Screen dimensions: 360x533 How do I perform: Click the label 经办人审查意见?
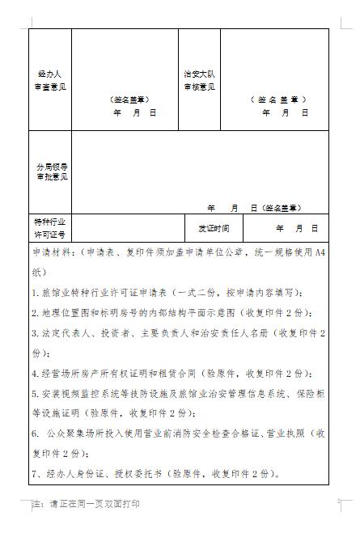point(49,79)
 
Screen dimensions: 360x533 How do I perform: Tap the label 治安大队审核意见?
point(198,79)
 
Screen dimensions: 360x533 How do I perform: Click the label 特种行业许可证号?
point(50,226)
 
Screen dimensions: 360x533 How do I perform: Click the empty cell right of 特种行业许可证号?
point(129,227)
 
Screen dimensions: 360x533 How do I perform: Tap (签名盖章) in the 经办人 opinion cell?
point(129,100)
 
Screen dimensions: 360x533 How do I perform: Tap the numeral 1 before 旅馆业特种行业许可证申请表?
point(35,292)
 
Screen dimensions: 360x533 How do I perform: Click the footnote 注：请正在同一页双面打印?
point(86,504)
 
